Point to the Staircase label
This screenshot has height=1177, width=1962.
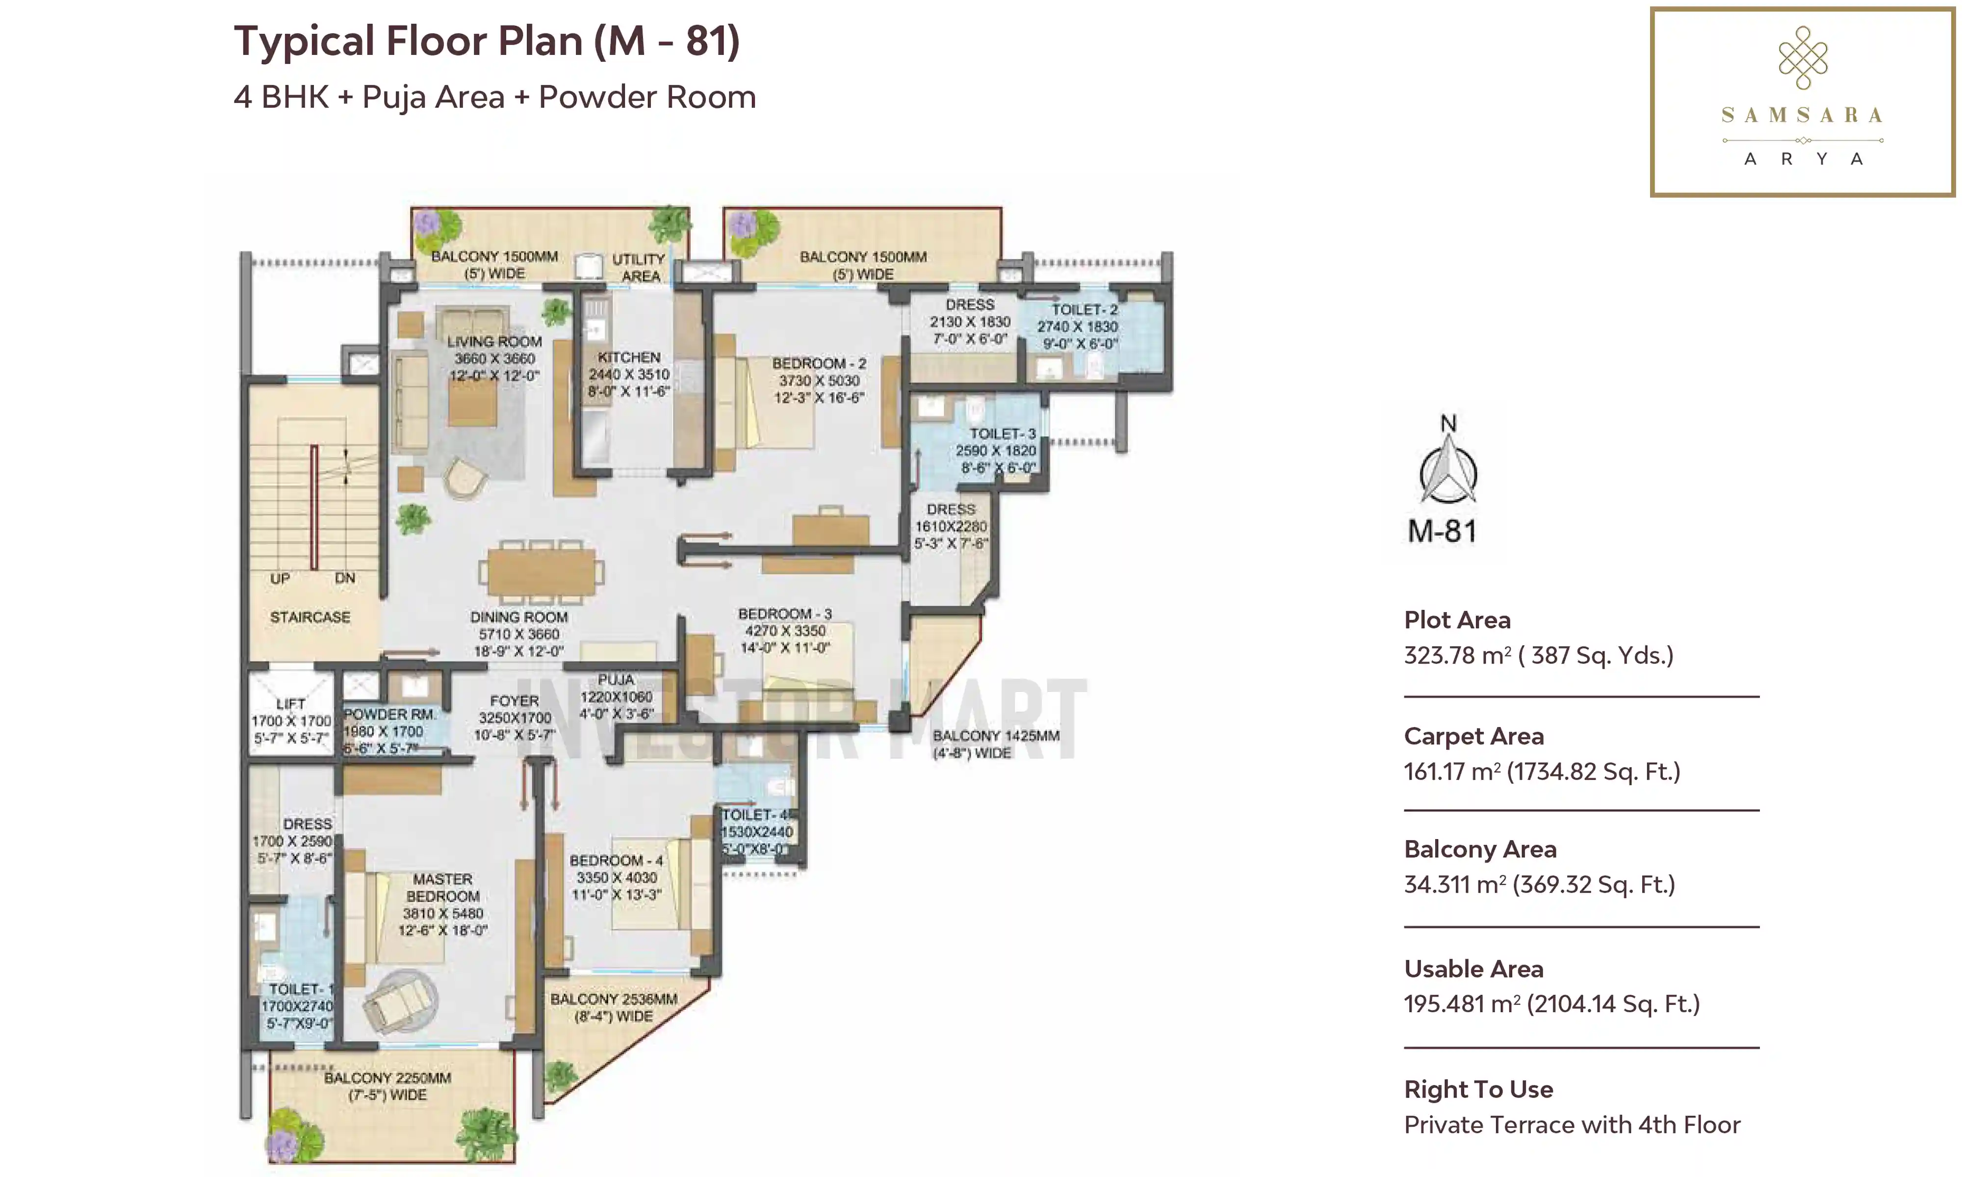tap(310, 617)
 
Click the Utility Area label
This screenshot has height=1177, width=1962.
tap(639, 267)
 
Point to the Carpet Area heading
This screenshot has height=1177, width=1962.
tap(1473, 736)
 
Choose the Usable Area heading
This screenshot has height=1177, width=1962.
tap(1473, 969)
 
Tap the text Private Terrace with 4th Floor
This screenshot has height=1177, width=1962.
tap(1572, 1125)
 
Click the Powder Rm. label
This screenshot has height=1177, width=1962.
tap(388, 714)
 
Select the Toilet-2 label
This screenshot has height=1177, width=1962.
tap(1084, 309)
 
